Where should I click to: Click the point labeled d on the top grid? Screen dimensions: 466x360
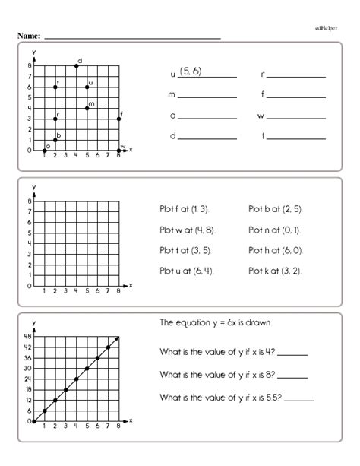[x=77, y=66]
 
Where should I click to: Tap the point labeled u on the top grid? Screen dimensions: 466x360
[x=87, y=87]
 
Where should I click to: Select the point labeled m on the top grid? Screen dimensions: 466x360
[x=87, y=108]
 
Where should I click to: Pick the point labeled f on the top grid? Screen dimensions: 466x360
[x=119, y=119]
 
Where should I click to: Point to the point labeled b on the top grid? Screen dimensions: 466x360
[x=55, y=140]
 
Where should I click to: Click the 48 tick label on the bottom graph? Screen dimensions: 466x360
[x=26, y=337]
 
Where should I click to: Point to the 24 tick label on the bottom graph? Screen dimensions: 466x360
[x=26, y=379]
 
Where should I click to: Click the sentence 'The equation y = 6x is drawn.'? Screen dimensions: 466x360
[x=216, y=322]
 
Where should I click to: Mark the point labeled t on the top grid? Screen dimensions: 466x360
[x=55, y=87]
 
